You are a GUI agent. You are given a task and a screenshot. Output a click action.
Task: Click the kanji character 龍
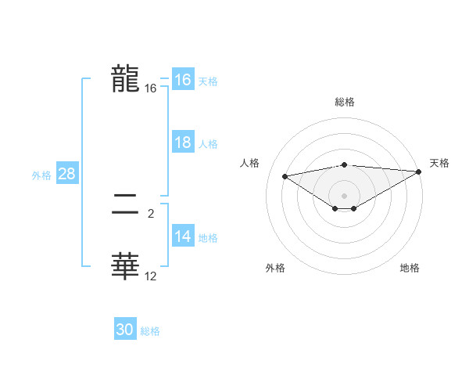[125, 79]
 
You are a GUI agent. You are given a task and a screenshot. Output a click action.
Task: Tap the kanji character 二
[125, 207]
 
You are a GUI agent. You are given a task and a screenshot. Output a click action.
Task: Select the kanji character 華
[125, 266]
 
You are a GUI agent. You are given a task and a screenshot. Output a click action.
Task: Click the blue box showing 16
[182, 80]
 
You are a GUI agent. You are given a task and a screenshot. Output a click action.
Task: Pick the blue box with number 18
[182, 143]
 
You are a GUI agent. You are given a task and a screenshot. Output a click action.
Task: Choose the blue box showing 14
[182, 237]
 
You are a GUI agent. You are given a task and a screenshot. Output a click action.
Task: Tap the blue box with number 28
[66, 174]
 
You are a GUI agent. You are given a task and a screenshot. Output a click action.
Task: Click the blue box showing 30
[125, 330]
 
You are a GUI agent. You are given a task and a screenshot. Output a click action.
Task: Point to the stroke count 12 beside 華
[150, 276]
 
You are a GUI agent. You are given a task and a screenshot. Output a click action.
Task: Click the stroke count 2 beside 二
[150, 213]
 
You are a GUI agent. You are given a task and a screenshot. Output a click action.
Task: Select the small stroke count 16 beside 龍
[150, 89]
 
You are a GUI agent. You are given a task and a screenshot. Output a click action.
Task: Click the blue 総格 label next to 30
[150, 331]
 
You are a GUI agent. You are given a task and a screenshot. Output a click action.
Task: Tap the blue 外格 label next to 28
[41, 175]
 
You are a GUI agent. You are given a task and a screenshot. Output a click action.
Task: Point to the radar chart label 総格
[344, 102]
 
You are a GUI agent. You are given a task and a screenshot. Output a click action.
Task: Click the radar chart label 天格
[439, 163]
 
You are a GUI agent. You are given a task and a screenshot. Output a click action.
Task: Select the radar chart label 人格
[249, 163]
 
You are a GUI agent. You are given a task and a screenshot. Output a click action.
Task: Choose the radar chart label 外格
[274, 268]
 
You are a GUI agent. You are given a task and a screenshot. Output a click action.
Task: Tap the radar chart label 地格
[410, 268]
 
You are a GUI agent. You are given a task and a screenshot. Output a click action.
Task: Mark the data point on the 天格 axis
[419, 171]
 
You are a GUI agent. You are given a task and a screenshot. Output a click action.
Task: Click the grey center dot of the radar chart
[344, 196]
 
